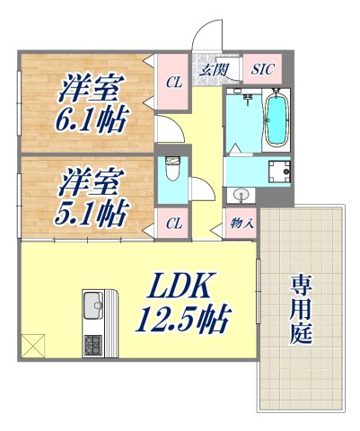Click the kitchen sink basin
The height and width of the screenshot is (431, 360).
[x=92, y=309]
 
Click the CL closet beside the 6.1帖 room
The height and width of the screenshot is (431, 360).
[x=172, y=81]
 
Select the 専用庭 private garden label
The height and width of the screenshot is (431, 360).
[x=300, y=310]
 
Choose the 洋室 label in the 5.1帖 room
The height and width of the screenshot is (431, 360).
[x=92, y=184]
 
